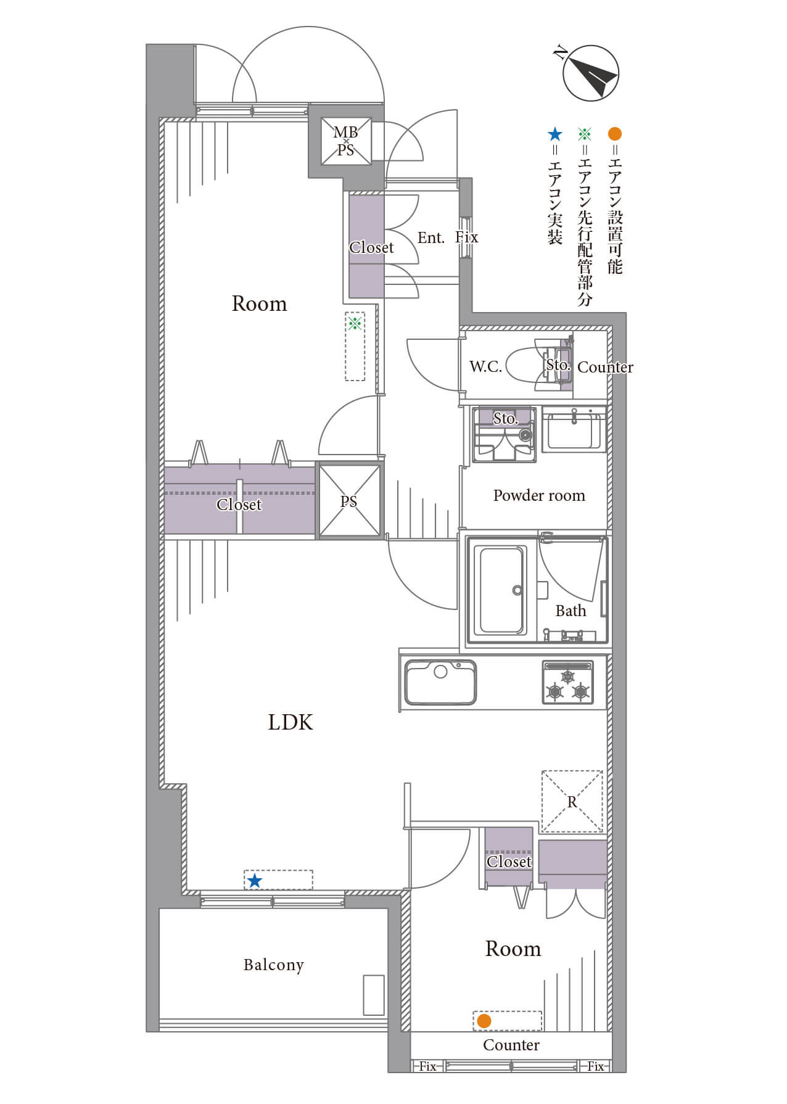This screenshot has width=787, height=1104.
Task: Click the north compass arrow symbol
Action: (x=591, y=73)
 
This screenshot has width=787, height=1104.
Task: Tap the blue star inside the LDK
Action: (x=254, y=881)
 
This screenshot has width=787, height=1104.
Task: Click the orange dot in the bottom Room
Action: (x=484, y=1021)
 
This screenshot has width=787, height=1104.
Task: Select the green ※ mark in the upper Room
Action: (x=355, y=323)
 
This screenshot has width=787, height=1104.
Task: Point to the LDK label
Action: (x=290, y=722)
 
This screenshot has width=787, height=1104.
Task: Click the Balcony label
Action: (x=274, y=965)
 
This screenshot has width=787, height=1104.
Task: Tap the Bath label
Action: (x=571, y=611)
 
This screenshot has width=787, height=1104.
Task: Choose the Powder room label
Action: (x=539, y=495)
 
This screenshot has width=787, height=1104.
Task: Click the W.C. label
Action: (x=485, y=366)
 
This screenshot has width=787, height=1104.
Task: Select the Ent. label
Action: (x=431, y=237)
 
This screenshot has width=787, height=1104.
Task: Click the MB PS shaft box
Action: (x=345, y=141)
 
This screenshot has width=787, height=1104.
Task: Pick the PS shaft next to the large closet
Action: (x=349, y=501)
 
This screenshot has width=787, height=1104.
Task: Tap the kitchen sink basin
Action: (x=440, y=682)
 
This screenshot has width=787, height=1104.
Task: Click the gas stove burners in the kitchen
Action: (x=567, y=682)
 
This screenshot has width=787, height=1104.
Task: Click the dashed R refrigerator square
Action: (x=572, y=801)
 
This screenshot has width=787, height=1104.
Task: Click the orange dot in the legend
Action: (x=614, y=134)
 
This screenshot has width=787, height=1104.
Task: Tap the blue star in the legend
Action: (x=555, y=134)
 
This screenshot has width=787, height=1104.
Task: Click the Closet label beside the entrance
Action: (x=371, y=247)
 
